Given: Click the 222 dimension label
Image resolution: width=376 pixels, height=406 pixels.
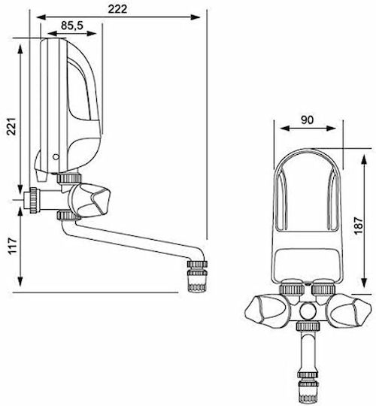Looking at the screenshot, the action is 117,9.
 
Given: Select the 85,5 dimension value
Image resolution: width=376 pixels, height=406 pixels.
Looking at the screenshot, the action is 72,26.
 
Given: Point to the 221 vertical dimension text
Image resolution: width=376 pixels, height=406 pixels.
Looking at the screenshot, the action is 11,126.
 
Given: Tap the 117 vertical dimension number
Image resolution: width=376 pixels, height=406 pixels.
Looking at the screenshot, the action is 12,246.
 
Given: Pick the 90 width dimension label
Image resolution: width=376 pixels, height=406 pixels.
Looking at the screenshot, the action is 308,120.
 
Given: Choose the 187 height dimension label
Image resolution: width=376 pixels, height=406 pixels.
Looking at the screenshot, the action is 359,226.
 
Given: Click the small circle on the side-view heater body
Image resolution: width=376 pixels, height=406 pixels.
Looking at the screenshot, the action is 56,156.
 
